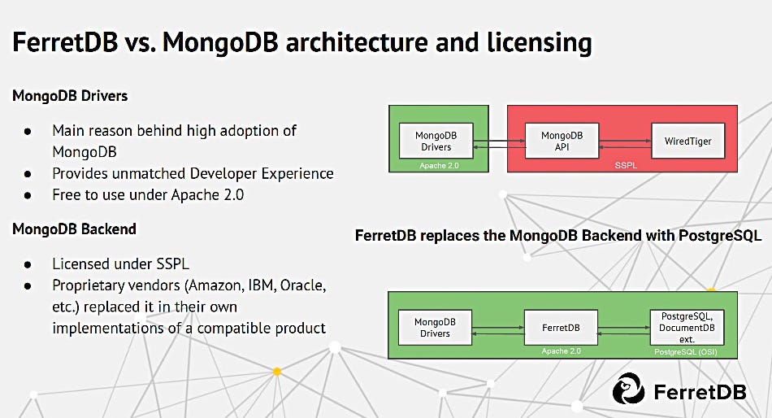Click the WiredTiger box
tap(687, 141)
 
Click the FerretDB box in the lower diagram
tap(561, 328)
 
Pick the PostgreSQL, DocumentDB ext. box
tap(687, 327)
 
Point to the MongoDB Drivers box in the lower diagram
tap(435, 328)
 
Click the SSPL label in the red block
tap(622, 165)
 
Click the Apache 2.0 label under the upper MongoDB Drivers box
tap(438, 165)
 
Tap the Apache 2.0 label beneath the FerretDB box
tap(561, 351)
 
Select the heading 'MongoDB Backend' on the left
tap(74, 229)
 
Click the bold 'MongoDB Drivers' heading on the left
tap(70, 96)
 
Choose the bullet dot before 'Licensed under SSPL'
tap(28, 264)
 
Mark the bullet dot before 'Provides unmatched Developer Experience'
tap(28, 173)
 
